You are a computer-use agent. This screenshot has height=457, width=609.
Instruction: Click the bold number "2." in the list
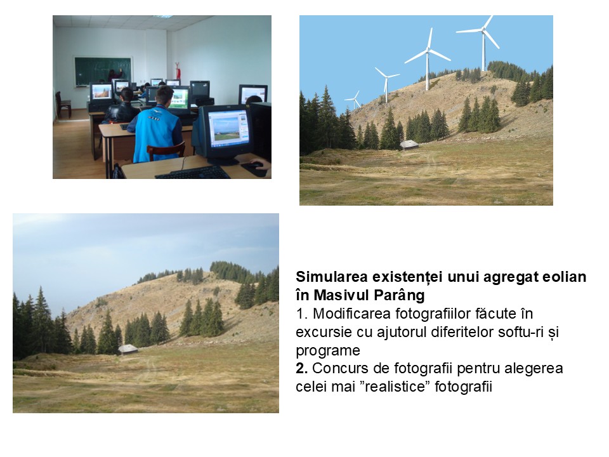coord(301,368)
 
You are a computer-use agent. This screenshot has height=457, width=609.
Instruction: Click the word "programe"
coord(328,351)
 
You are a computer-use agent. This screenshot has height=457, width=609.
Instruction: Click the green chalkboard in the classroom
coord(103,71)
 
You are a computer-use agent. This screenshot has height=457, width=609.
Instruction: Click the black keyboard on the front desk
coord(193,173)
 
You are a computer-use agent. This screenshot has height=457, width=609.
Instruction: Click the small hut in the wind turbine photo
coord(409,145)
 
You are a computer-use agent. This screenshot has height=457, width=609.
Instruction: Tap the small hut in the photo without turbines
coord(128,349)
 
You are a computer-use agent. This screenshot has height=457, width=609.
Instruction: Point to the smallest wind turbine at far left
coord(353,100)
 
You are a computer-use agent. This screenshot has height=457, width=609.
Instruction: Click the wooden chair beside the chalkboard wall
coord(63,104)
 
